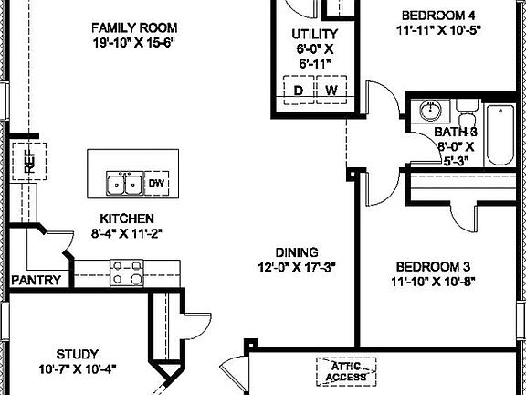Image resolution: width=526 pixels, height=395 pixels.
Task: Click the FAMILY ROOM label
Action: click(134, 27)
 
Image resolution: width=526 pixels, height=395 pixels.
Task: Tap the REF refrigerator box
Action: click(29, 163)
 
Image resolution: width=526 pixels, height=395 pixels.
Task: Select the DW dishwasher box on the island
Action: click(157, 183)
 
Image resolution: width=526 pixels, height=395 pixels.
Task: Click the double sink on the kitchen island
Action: click(124, 184)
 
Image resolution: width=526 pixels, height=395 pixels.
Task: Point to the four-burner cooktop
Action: click(126, 272)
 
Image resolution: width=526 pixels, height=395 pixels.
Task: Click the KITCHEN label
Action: click(127, 219)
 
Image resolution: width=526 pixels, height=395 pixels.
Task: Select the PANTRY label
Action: click(37, 281)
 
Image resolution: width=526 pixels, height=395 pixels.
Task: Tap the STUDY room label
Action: click(77, 353)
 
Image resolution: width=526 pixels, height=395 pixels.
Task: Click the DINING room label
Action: click(297, 252)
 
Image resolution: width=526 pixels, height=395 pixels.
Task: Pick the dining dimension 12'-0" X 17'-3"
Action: click(297, 268)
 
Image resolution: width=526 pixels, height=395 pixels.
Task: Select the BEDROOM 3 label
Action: click(431, 266)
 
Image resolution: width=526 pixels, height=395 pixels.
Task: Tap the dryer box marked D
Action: click(298, 91)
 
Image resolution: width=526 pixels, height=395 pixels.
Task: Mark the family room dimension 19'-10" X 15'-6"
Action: click(134, 43)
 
